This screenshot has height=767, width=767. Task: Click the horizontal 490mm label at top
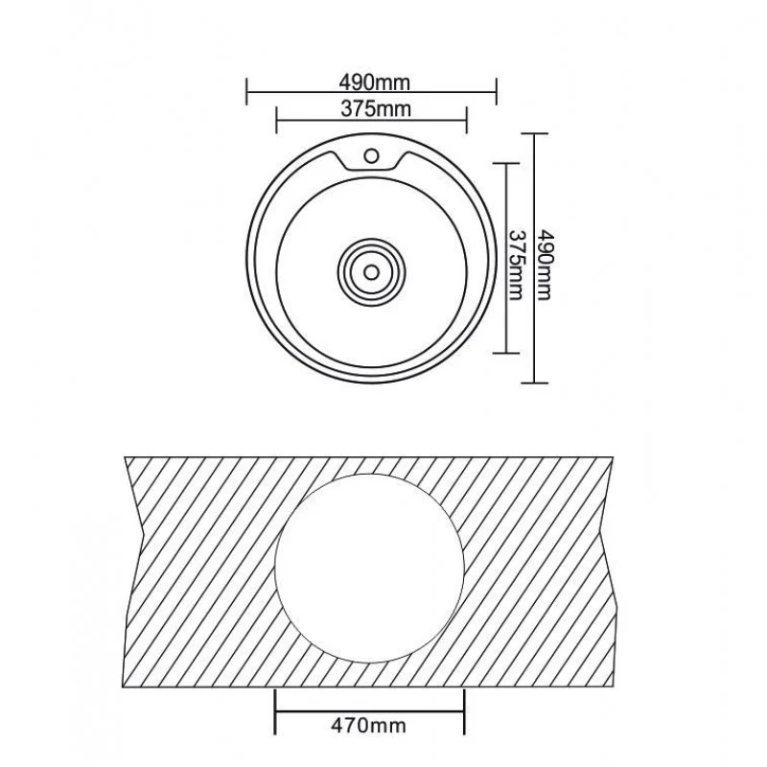[x=374, y=82]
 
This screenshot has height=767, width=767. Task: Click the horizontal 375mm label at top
[x=376, y=109]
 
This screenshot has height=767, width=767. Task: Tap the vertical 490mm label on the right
[x=544, y=265]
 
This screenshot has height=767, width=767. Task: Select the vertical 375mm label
[x=515, y=265]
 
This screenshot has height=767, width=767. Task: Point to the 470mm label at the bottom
[x=369, y=725]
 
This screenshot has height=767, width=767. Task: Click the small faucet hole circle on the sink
[x=371, y=156]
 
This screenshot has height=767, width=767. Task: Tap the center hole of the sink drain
[x=371, y=272]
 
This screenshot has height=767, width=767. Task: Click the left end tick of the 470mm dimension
[x=275, y=711]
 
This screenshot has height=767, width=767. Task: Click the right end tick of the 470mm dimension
[x=464, y=711]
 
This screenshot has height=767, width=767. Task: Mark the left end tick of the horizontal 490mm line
[x=246, y=91]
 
